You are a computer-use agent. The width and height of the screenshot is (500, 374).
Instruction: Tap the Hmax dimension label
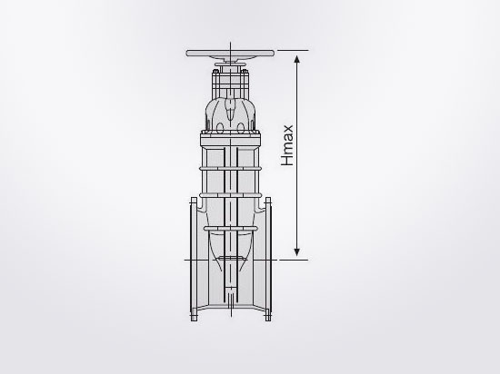pyautogui.click(x=287, y=144)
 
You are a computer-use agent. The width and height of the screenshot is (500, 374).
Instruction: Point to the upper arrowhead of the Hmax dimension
pyautogui.click(x=297, y=55)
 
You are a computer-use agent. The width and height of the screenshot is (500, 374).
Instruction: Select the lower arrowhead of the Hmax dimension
pyautogui.click(x=297, y=254)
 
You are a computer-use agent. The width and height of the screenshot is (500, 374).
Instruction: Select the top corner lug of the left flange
pyautogui.click(x=191, y=201)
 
